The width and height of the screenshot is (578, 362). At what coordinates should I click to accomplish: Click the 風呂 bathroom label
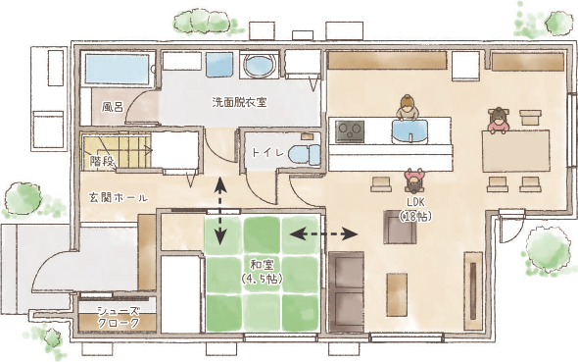[x=112, y=107]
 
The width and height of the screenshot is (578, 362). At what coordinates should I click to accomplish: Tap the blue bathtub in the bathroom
[x=118, y=70]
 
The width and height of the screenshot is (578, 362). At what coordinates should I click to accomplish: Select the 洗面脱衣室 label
[x=239, y=102]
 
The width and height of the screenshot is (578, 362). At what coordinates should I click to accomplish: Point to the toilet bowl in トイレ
[x=304, y=155]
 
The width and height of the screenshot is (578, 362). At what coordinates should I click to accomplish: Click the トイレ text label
[x=267, y=152]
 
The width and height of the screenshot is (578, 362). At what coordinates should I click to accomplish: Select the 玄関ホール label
[x=119, y=197]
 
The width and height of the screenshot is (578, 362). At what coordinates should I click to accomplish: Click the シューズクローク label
[x=119, y=317]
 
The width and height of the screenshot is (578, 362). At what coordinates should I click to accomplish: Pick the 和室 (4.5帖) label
[x=262, y=271]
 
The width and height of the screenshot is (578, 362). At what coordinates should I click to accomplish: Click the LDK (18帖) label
[x=415, y=209]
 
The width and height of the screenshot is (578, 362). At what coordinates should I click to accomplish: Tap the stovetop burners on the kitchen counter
[x=350, y=131]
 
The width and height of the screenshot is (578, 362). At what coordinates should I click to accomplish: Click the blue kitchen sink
[x=410, y=131]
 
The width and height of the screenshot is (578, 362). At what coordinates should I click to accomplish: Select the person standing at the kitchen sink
[x=406, y=107]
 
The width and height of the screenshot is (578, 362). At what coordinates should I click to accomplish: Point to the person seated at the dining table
[x=499, y=120]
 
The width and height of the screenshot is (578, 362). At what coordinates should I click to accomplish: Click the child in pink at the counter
[x=414, y=181]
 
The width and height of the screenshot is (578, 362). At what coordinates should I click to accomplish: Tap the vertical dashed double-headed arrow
[x=220, y=211]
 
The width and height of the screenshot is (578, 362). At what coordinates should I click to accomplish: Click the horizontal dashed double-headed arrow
[x=323, y=233]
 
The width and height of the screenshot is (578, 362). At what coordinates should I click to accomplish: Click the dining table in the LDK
[x=515, y=151]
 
